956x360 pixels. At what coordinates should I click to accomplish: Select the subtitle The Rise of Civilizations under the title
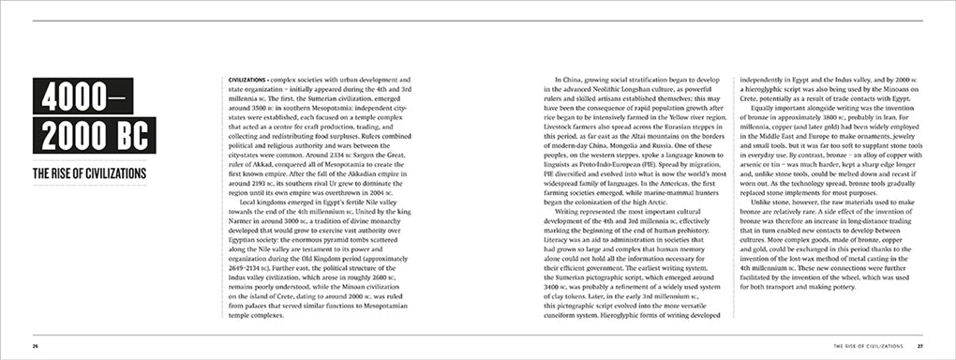pyautogui.click(x=89, y=174)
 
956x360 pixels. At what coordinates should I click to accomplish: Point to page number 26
pyautogui.click(x=35, y=346)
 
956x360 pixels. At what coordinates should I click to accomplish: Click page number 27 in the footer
pyautogui.click(x=920, y=346)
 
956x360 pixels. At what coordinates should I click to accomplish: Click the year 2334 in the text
pyautogui.click(x=327, y=155)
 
